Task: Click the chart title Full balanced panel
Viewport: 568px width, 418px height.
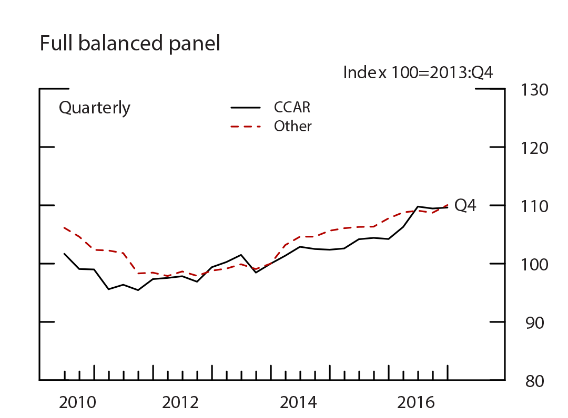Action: coord(130,44)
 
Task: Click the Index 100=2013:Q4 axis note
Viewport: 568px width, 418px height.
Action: coord(418,72)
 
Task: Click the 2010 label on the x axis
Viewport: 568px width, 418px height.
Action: coord(77,403)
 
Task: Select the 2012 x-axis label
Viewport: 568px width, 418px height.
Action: coord(181,403)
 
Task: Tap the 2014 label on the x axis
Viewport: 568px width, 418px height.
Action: coord(299,403)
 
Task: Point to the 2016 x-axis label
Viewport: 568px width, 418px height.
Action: coord(417,403)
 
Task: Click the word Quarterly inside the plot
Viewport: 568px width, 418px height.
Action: coord(95,108)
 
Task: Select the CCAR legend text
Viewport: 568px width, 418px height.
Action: coord(292,108)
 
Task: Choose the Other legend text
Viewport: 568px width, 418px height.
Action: coord(293,127)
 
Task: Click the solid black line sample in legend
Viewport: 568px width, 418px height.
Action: coord(246,108)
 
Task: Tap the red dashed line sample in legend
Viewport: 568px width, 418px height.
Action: coord(246,127)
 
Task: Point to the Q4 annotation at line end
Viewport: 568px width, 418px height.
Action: coord(465,206)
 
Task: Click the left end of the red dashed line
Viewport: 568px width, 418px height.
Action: coord(64,228)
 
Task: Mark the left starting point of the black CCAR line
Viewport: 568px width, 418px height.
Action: coord(64,254)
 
